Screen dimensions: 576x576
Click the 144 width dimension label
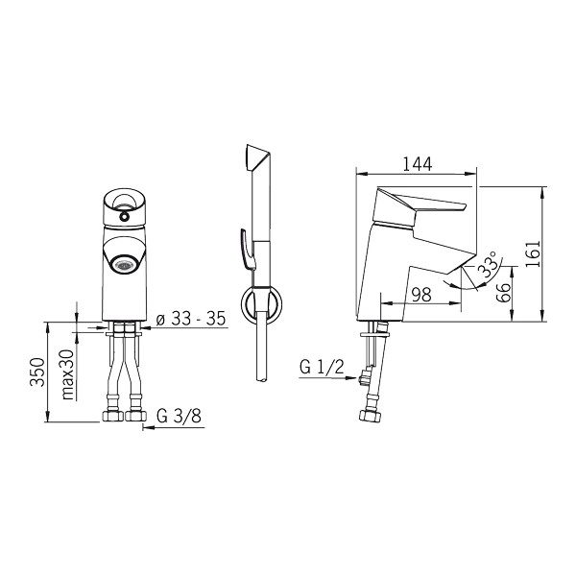[x=418, y=164]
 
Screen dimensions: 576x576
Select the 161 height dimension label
[x=533, y=253]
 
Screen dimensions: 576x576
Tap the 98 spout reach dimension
[x=421, y=295]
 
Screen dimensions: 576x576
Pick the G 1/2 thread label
[x=322, y=367]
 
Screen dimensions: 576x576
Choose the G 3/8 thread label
[x=179, y=416]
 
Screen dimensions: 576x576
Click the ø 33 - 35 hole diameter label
[x=191, y=319]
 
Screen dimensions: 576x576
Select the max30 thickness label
[x=68, y=374]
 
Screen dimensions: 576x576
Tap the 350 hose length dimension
[x=37, y=372]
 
